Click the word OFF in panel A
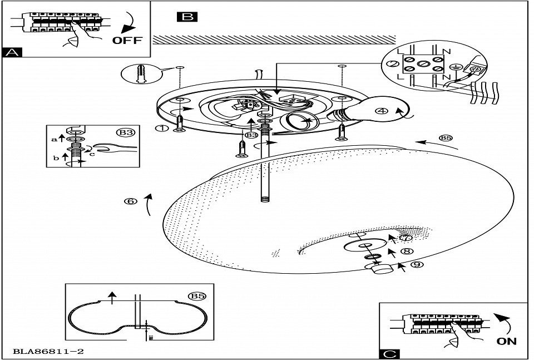pos(127,40)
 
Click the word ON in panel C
pos(507,341)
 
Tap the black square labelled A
pos(12,52)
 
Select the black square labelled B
pos(186,17)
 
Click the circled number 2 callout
pos(393,64)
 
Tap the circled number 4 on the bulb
pos(381,111)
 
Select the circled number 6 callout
pos(131,201)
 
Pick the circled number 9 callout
pos(415,265)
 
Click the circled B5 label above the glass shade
pos(446,138)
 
